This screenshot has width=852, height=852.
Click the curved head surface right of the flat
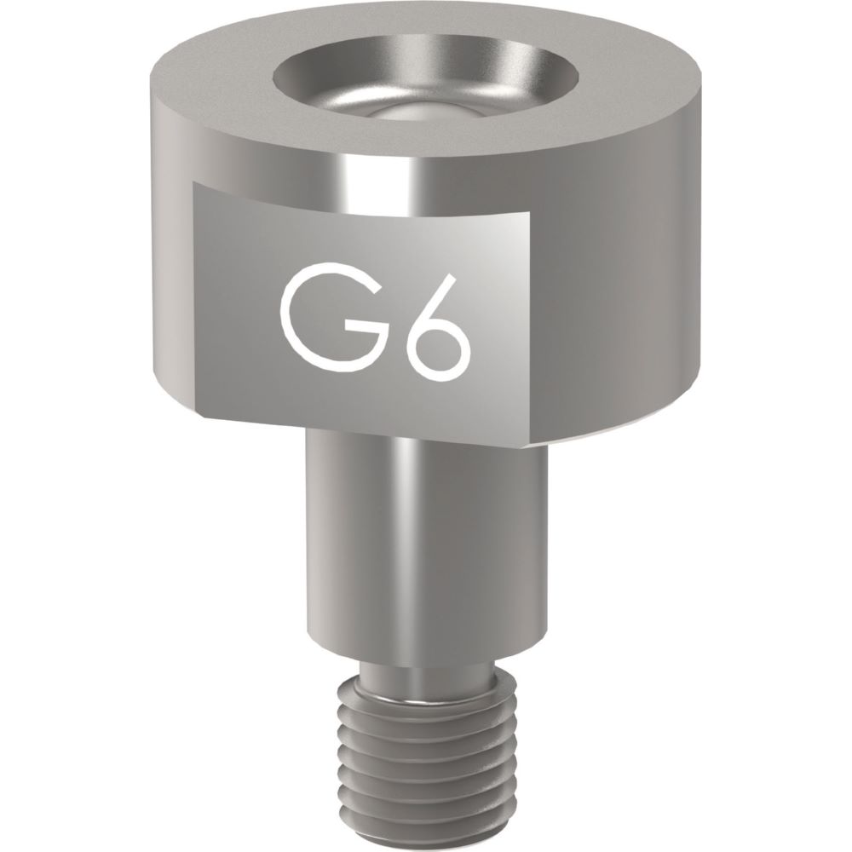coord(622,298)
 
